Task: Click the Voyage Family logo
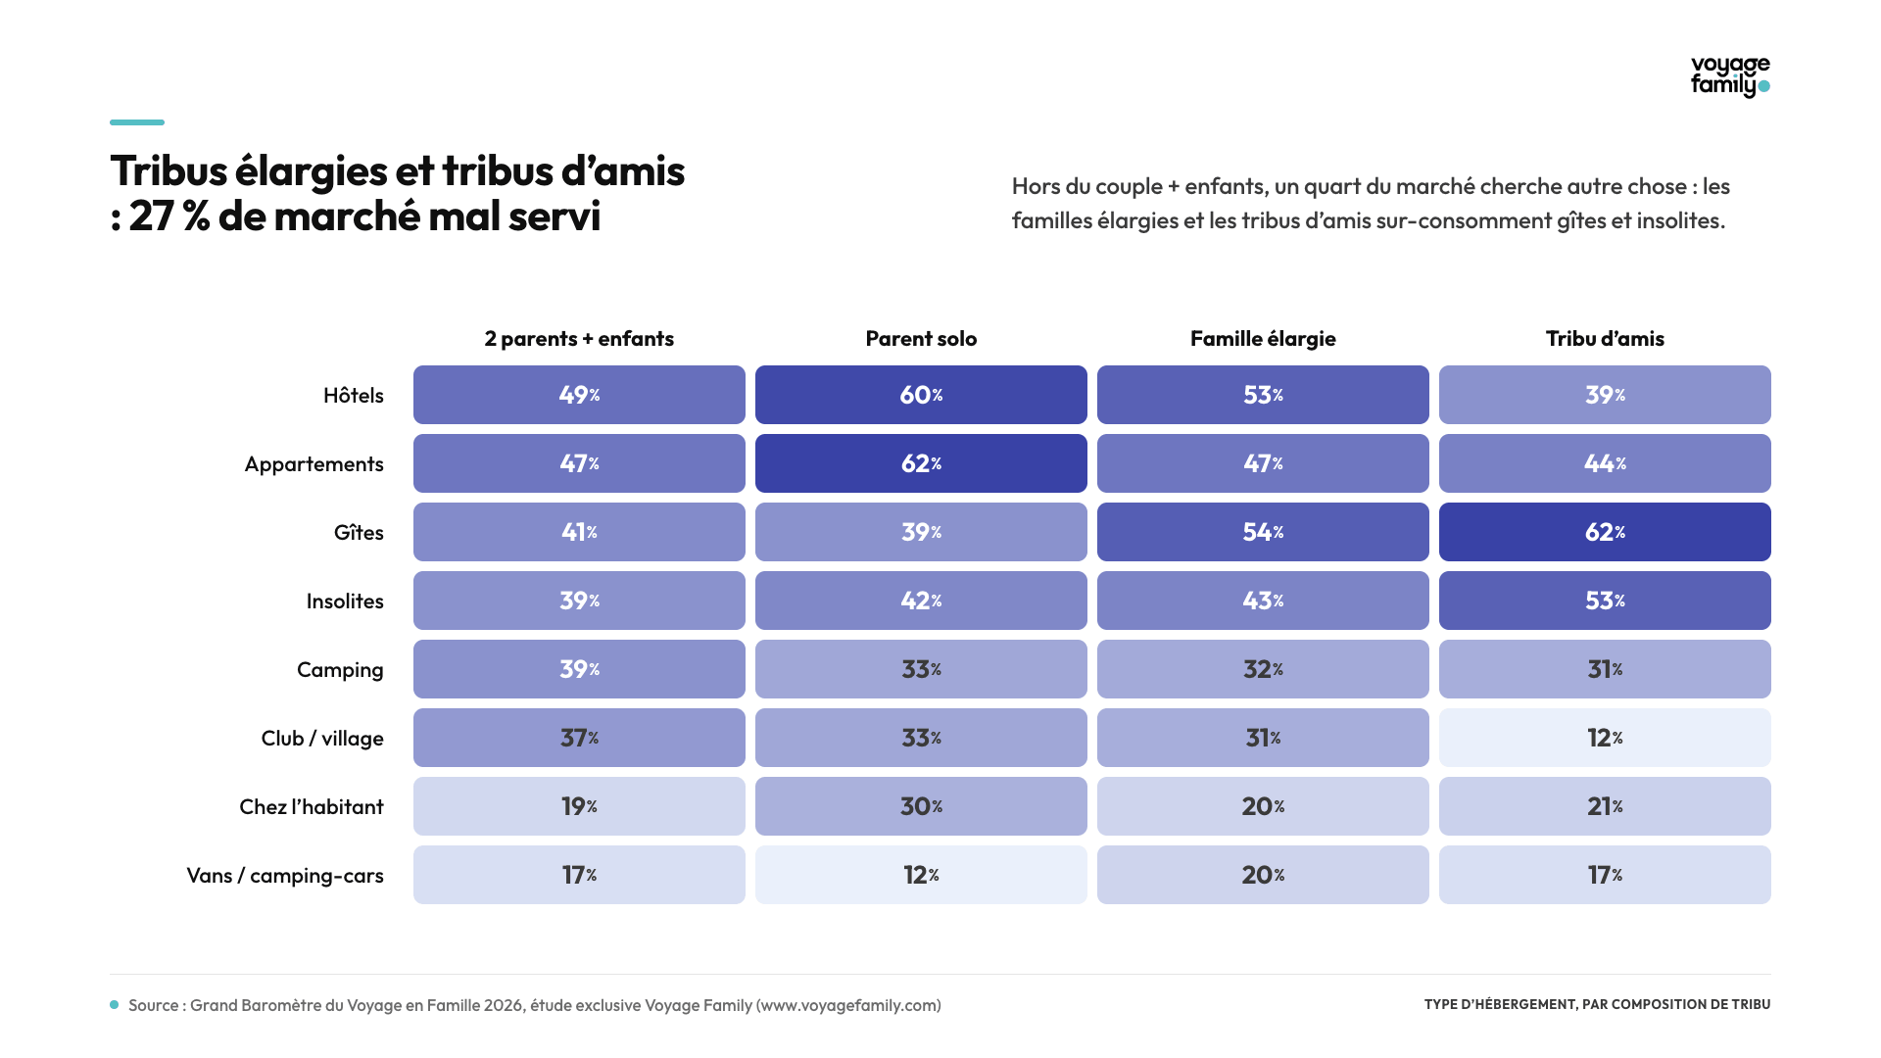pyautogui.click(x=1730, y=76)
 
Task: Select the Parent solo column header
pyautogui.click(x=921, y=339)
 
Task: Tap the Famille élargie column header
pyautogui.click(x=1263, y=339)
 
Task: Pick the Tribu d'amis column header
pyautogui.click(x=1605, y=339)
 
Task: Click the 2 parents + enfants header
pyautogui.click(x=579, y=339)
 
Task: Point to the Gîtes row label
pyautogui.click(x=359, y=532)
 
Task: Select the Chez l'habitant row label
pyautogui.click(x=312, y=806)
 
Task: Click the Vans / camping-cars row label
pyautogui.click(x=285, y=876)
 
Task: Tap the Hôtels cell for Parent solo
pyautogui.click(x=921, y=395)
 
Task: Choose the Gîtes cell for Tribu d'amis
pyautogui.click(x=1605, y=532)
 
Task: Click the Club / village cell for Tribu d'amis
pyautogui.click(x=1605, y=738)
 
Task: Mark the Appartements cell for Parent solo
pyautogui.click(x=921, y=463)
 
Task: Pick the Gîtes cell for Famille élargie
pyautogui.click(x=1263, y=532)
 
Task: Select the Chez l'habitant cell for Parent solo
pyautogui.click(x=921, y=806)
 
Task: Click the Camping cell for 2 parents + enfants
pyautogui.click(x=579, y=669)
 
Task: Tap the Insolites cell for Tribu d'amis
pyautogui.click(x=1605, y=601)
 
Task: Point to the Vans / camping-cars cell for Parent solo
pyautogui.click(x=921, y=875)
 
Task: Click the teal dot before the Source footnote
pyautogui.click(x=115, y=1005)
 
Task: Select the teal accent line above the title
pyautogui.click(x=137, y=122)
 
